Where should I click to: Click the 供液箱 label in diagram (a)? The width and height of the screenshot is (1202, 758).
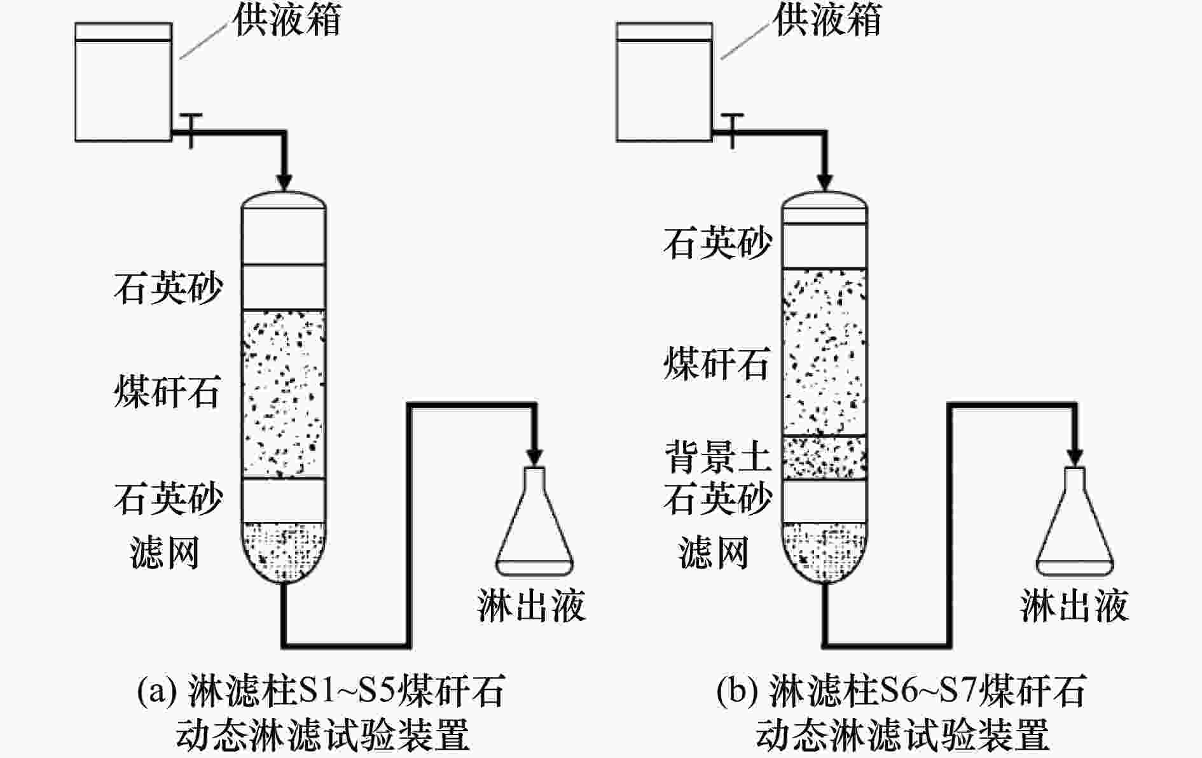tap(287, 20)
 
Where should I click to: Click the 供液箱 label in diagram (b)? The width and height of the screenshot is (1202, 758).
tap(827, 20)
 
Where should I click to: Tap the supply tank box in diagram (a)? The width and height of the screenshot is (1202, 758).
tap(123, 83)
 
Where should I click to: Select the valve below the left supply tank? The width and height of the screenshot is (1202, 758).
tap(191, 129)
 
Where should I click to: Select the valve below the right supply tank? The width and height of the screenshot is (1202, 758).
tap(733, 129)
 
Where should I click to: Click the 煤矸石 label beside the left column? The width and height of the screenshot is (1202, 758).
tap(167, 391)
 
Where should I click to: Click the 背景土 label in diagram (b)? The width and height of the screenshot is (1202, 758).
tap(718, 457)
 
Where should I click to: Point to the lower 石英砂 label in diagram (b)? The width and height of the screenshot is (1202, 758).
tap(718, 498)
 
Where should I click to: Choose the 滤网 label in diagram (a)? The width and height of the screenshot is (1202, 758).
tap(165, 552)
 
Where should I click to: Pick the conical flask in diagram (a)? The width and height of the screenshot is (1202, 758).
tap(534, 522)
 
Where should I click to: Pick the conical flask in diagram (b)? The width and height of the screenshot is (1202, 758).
tap(1075, 522)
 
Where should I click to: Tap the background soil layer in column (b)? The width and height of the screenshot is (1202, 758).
tap(824, 458)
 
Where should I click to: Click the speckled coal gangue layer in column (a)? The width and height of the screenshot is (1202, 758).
tap(284, 393)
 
